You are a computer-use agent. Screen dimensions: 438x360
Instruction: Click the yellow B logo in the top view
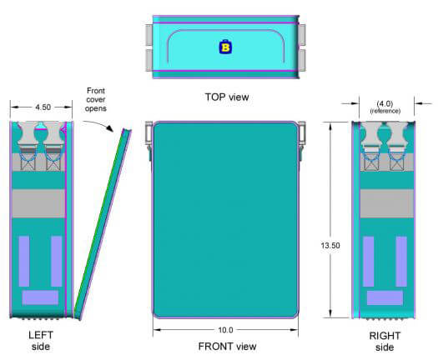pos(225,47)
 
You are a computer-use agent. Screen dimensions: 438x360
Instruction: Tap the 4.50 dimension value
pos(43,107)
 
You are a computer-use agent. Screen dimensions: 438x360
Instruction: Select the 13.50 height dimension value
pos(330,246)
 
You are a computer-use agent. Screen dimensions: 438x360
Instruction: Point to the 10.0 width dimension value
pos(225,330)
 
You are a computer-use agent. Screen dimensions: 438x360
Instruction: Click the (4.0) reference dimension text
pos(385,107)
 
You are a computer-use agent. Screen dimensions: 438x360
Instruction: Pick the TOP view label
pos(227,97)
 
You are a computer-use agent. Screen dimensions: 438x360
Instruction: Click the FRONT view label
pos(227,347)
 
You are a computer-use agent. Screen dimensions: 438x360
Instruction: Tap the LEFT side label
pos(41,341)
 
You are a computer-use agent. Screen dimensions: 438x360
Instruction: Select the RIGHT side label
pos(385,342)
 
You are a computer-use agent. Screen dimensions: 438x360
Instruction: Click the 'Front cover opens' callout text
pos(96,100)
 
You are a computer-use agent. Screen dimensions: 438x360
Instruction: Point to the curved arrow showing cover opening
pos(98,124)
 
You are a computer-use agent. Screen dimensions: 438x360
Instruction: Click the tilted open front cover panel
pos(103,223)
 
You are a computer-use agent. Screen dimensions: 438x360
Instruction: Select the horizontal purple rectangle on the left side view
pos(40,297)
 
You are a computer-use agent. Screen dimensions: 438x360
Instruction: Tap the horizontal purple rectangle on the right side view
pos(385,297)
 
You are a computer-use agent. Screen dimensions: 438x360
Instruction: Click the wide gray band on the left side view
pos(39,203)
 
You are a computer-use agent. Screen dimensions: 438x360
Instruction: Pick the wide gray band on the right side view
pos(386,203)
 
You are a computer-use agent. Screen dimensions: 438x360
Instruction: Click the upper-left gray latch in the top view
pos(149,35)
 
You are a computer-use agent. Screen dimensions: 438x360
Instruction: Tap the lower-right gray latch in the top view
pos(302,60)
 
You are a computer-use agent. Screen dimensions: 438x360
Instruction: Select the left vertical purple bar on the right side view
pos(369,262)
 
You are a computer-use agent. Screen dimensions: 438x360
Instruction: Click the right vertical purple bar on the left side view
pos(57,261)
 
